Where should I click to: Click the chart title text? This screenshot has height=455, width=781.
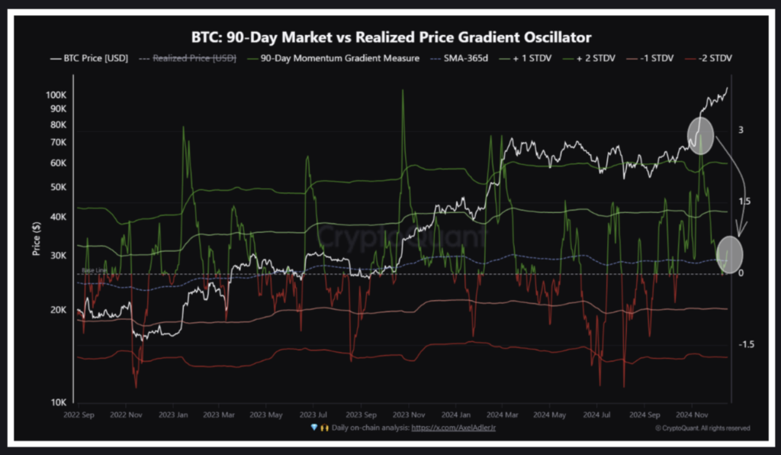coord(390,37)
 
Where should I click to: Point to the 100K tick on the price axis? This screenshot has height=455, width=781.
coord(57,95)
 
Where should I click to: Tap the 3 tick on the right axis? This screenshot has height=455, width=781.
coord(741,131)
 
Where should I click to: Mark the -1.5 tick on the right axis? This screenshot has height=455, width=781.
coord(745,345)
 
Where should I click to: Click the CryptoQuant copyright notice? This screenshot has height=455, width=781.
coord(702,428)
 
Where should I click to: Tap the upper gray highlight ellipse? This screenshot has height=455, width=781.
coord(701,135)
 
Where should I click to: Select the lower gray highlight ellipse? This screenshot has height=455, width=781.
coord(730,256)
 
